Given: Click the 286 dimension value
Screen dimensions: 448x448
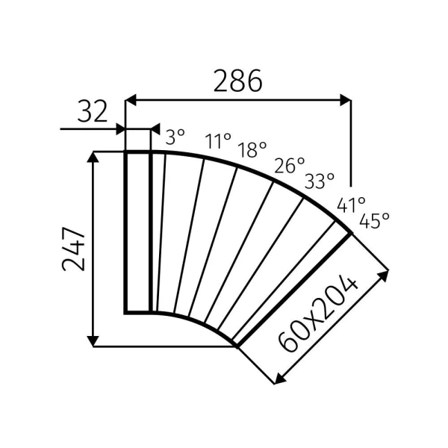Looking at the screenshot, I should tap(237, 80).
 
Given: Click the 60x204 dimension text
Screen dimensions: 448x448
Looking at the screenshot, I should tap(319, 314).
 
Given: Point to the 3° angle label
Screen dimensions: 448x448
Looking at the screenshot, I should tap(175, 137).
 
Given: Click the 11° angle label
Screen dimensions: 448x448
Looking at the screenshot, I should tap(218, 140).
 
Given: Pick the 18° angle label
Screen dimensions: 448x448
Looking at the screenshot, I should tap(252, 149).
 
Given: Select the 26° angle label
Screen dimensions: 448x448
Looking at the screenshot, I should tap(290, 165).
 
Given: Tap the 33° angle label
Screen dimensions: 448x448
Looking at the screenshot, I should tap(319, 181).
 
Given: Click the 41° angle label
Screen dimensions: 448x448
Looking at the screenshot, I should tap(350, 204).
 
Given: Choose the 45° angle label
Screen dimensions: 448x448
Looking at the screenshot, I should tap(374, 220).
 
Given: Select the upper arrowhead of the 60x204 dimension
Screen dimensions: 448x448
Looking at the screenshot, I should tap(386, 274).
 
